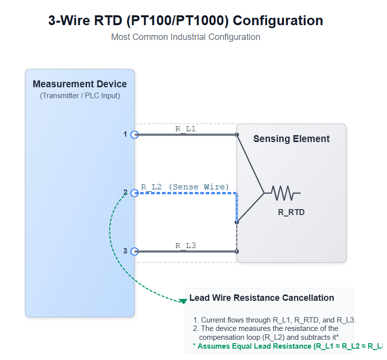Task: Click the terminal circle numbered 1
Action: tap(134, 134)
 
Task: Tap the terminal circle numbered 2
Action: tap(134, 193)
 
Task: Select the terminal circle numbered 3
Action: tap(134, 251)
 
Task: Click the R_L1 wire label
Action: tap(185, 128)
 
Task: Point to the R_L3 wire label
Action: tap(185, 245)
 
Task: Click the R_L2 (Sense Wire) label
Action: tap(185, 187)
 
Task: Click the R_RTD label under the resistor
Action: tap(291, 213)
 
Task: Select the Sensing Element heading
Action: tap(291, 139)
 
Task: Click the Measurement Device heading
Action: tap(80, 84)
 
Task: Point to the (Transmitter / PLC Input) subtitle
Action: tap(80, 96)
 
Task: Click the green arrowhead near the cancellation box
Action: tap(183, 300)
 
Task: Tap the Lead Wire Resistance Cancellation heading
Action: tap(262, 298)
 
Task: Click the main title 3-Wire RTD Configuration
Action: tap(185, 21)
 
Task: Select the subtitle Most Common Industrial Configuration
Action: tap(185, 37)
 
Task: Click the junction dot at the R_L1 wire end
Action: tap(237, 134)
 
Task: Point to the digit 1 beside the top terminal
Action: tap(125, 134)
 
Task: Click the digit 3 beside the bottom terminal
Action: tap(125, 251)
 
